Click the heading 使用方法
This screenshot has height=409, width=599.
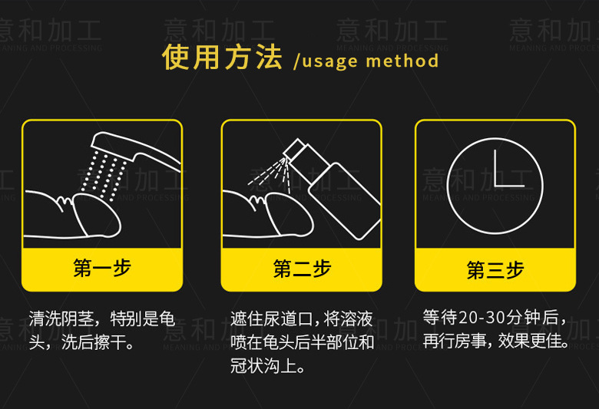click(x=222, y=57)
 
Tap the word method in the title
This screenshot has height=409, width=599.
click(x=402, y=61)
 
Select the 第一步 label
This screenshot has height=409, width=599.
click(x=102, y=268)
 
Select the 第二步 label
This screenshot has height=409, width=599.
click(x=302, y=269)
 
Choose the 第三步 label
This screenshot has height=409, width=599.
click(x=495, y=270)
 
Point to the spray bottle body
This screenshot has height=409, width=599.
click(x=344, y=201)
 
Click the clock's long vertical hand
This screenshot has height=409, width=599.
click(x=495, y=167)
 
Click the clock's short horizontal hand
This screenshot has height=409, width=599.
click(x=510, y=186)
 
